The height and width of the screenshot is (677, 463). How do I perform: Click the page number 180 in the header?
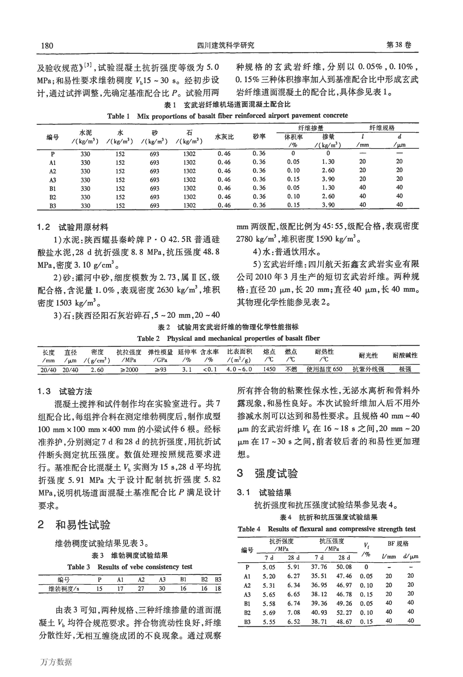(x=47, y=46)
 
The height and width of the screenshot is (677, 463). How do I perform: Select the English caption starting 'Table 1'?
(x=227, y=116)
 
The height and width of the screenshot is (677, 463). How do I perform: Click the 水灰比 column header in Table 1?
(x=224, y=137)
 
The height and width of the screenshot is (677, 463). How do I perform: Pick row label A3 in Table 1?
(x=53, y=180)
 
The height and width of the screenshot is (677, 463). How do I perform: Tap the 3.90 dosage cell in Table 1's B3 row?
(x=328, y=205)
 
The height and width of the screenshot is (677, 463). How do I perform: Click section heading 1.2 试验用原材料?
(x=73, y=227)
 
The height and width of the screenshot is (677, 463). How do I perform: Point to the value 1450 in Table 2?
(x=269, y=369)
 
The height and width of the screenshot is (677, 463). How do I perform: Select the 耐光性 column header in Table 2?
(x=368, y=355)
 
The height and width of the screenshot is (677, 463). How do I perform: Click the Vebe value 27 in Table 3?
(x=141, y=588)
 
